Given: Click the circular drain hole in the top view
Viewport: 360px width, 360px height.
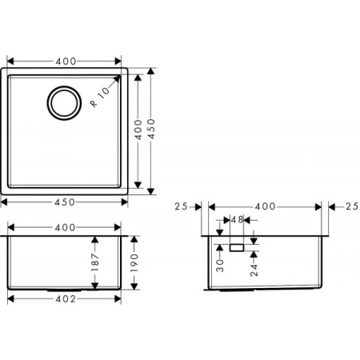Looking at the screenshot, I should point(64,102).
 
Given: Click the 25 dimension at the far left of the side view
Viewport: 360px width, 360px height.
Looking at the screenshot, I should point(181,206).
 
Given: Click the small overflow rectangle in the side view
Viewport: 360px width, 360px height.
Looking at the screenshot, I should point(237,248).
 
